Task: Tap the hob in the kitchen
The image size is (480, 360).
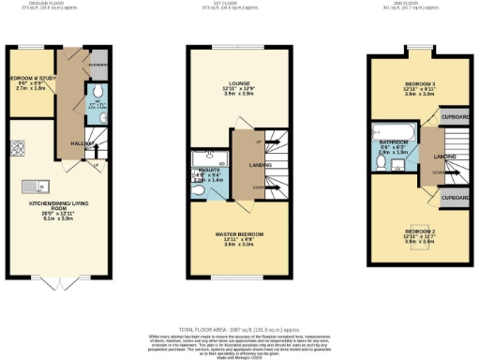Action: click(x=17, y=148)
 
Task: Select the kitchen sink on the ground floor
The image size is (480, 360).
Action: click(x=18, y=185)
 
